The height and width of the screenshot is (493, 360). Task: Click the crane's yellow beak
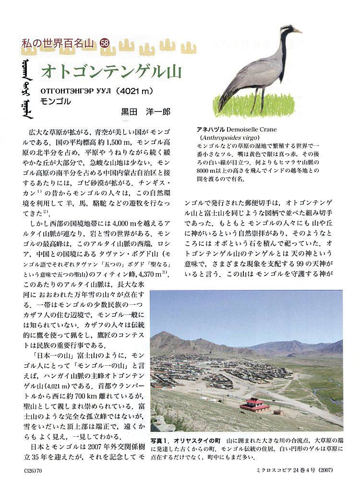click(297, 31)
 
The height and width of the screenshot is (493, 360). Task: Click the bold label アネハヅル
click(211, 130)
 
